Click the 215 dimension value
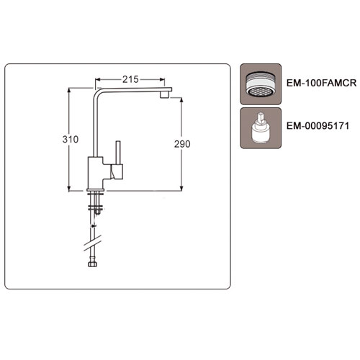coord(130,79)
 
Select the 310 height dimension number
coord(71,139)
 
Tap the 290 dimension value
coord(182,144)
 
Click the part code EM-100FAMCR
coord(321,83)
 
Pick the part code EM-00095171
coord(318,126)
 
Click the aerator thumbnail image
coord(261,84)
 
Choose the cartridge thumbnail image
coord(261,128)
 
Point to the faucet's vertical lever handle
coord(118,153)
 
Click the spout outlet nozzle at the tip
coord(164,95)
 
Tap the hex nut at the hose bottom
coord(92,264)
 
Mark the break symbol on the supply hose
coord(92,243)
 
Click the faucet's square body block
coord(95,173)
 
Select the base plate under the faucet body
coord(96,190)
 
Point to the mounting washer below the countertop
coord(96,207)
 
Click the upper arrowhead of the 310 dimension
coord(69,91)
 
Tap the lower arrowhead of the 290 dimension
coord(181,189)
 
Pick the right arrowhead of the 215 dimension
coord(162,79)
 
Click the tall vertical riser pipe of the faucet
coord(95,125)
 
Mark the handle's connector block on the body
coord(117,172)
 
